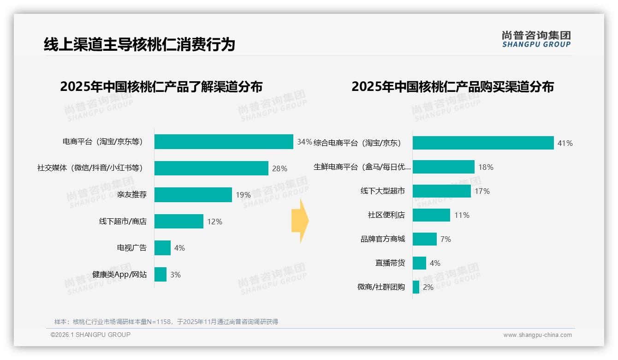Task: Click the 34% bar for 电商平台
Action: point(224,142)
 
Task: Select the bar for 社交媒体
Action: point(211,168)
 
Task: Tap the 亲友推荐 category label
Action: point(132,195)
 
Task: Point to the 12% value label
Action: point(214,222)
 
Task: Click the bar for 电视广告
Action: point(162,248)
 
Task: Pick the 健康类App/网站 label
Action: point(119,275)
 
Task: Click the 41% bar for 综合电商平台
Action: point(483,143)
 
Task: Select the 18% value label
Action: point(486,167)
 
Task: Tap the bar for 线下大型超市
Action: point(441,191)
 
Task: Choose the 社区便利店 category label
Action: point(386,215)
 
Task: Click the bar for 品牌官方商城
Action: point(424,239)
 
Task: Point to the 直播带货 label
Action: point(390,263)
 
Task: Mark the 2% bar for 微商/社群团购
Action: point(416,287)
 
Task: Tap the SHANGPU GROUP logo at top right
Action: point(536,39)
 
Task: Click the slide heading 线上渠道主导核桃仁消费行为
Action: point(139,44)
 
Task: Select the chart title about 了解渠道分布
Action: point(161,87)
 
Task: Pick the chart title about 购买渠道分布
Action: point(452,87)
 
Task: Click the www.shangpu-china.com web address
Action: point(537,335)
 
